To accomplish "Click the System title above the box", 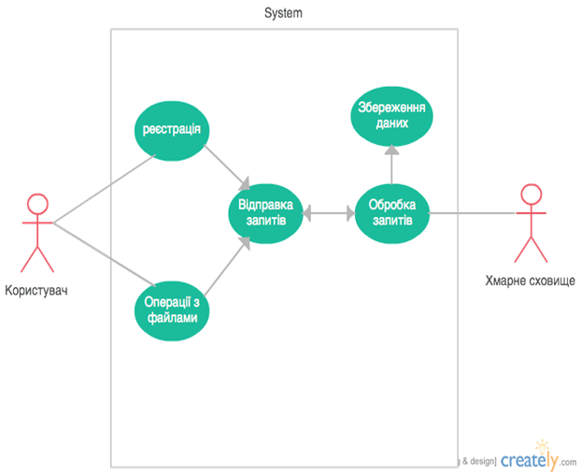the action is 283,13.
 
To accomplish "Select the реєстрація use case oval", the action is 172,131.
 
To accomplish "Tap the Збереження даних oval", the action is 391,116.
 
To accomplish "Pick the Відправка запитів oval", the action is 265,213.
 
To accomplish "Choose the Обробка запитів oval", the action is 392,213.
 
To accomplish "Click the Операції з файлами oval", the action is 172,310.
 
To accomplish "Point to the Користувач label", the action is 36,290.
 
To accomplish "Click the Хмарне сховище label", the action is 531,281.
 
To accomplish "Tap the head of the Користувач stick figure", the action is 37,204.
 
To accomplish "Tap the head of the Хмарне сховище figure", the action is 531,194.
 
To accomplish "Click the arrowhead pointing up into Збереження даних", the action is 391,149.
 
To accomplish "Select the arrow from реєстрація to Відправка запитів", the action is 227,166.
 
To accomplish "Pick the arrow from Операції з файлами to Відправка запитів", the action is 227,267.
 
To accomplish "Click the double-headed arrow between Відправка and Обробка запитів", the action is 329,213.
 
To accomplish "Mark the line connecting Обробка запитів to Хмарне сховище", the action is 473,213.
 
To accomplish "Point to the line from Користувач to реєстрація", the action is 105,189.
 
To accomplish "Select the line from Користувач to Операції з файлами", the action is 105,254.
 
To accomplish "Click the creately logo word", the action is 529,460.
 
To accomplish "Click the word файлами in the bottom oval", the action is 172,318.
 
